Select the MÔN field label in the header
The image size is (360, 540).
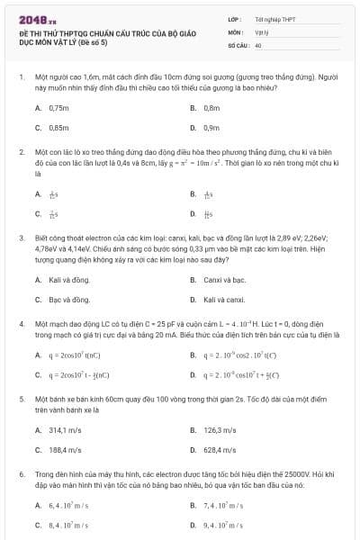pos(232,31)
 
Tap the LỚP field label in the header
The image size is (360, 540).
pos(233,18)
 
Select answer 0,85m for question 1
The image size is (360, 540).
pos(58,128)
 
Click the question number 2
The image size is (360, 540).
pos(21,153)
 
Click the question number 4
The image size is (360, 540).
pos(21,321)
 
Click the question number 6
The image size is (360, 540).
pos(21,472)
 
